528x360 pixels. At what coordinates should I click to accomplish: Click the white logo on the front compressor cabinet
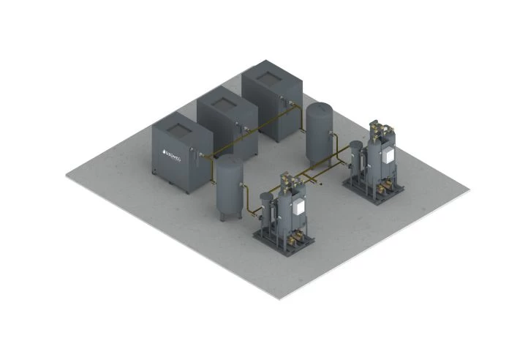172,156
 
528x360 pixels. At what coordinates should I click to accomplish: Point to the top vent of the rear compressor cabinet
270,76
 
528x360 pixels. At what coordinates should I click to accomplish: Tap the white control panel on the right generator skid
388,154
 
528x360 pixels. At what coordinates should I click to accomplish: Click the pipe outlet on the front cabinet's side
198,154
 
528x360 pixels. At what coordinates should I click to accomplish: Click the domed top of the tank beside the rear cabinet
319,108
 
